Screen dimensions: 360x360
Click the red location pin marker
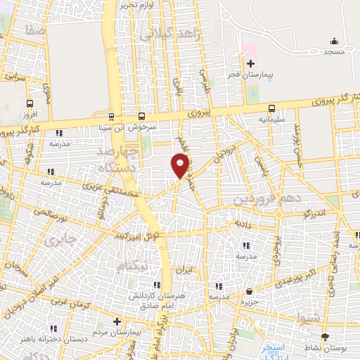[181, 164]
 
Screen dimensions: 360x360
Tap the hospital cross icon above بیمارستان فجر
[250, 63]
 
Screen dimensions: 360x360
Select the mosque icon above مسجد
[334, 41]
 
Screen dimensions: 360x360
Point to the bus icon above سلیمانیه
[271, 108]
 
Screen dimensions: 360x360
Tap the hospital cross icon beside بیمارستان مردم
[117, 321]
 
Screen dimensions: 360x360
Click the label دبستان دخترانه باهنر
[52, 339]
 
